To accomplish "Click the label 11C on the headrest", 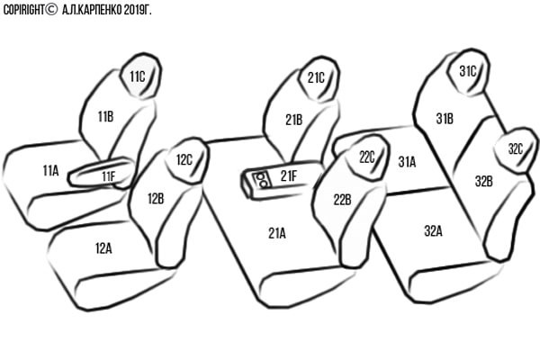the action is coord(138,76).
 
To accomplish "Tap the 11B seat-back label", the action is coord(105,116).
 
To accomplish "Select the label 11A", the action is coord(50,170).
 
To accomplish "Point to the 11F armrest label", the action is coord(109,176).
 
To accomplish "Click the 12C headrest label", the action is coord(184,160).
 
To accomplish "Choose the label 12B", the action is coord(156,199).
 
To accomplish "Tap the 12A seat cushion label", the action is coord(103,248).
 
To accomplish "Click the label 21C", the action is coord(316,78).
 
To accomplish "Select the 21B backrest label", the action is coord(293,120).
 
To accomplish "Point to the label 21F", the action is coord(288,176).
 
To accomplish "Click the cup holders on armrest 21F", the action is coord(261,180).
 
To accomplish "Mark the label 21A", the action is coord(277,233).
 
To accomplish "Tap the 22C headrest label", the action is coord(367,157).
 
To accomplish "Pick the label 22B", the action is coord(342,200).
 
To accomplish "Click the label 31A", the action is coord(407,162).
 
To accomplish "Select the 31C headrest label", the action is coord(468,71).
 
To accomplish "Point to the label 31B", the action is coord(445,119).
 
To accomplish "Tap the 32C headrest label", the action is coord(516,148).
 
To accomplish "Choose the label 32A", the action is coord(433,230).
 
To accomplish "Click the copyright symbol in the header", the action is coord(51,10).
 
